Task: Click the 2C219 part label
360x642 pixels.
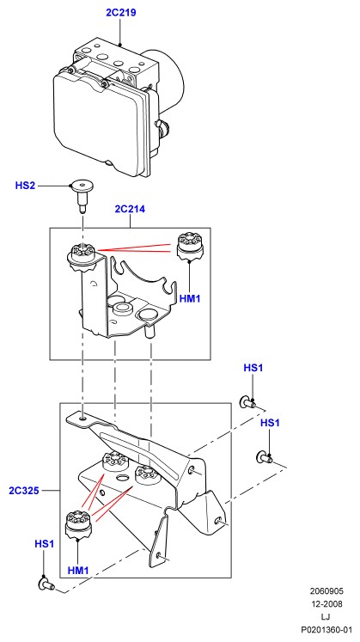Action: point(120,13)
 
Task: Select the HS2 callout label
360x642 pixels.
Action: point(25,186)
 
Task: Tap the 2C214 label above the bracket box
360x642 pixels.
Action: point(130,209)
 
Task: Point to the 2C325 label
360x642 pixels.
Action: point(24,490)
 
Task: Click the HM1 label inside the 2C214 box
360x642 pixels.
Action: point(190,298)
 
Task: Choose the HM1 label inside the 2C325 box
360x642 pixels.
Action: point(77,570)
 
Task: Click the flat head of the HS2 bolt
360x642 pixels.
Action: point(83,186)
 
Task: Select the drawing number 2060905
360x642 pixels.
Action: point(326,590)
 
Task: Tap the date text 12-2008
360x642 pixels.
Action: point(326,604)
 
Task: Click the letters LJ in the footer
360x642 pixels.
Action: point(326,616)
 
